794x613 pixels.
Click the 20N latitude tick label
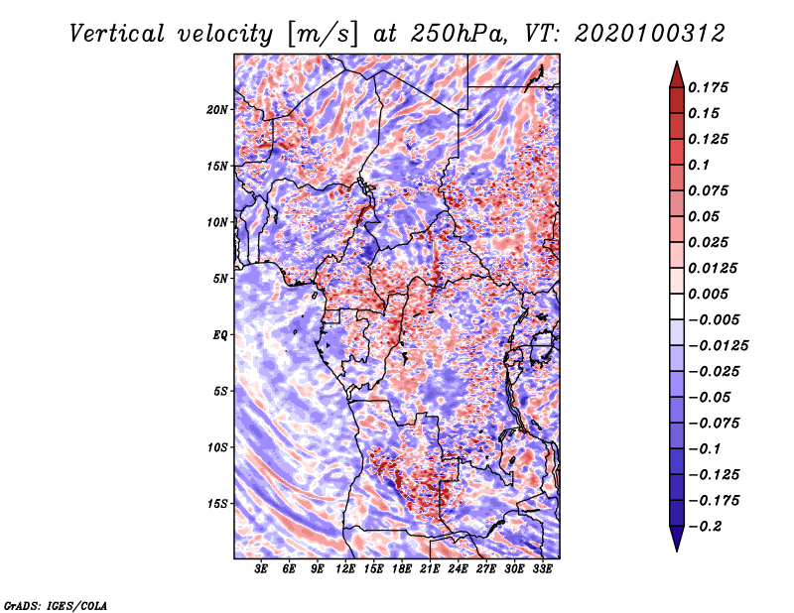[217, 109]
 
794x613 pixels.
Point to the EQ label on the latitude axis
[219, 334]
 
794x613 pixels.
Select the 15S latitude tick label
[217, 504]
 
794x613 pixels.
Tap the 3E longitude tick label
[261, 568]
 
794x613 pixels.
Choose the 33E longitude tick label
[542, 568]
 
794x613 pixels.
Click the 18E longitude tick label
[402, 568]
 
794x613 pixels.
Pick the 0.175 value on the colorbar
[708, 87]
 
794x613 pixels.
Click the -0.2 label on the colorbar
[705, 527]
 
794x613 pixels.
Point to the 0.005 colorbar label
[708, 294]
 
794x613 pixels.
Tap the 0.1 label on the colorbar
[699, 165]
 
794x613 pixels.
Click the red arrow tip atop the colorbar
[677, 61]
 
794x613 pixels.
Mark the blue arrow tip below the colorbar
[677, 551]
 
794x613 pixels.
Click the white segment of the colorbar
[677, 306]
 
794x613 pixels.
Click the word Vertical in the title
[116, 34]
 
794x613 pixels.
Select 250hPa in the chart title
[458, 34]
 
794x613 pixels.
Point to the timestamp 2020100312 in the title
[650, 34]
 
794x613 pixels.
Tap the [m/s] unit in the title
[323, 35]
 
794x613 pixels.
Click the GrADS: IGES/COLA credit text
[56, 606]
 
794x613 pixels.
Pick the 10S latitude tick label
[217, 447]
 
